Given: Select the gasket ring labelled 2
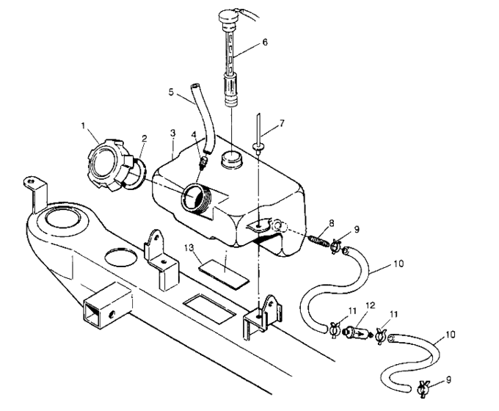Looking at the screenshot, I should [134, 175].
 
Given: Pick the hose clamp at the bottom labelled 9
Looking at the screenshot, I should [424, 390].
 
